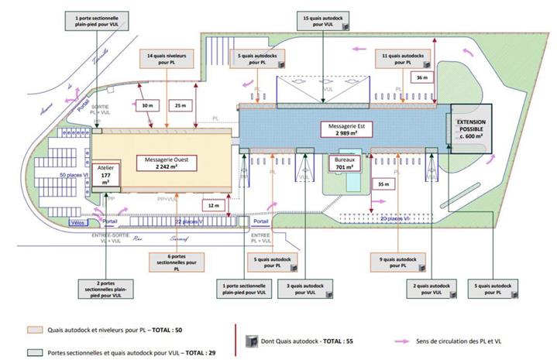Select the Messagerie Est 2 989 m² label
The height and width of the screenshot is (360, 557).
(x=344, y=129)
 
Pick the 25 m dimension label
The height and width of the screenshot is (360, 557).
(x=181, y=105)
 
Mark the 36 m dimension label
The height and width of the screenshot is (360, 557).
(x=421, y=77)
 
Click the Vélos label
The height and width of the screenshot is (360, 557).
(x=77, y=222)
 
